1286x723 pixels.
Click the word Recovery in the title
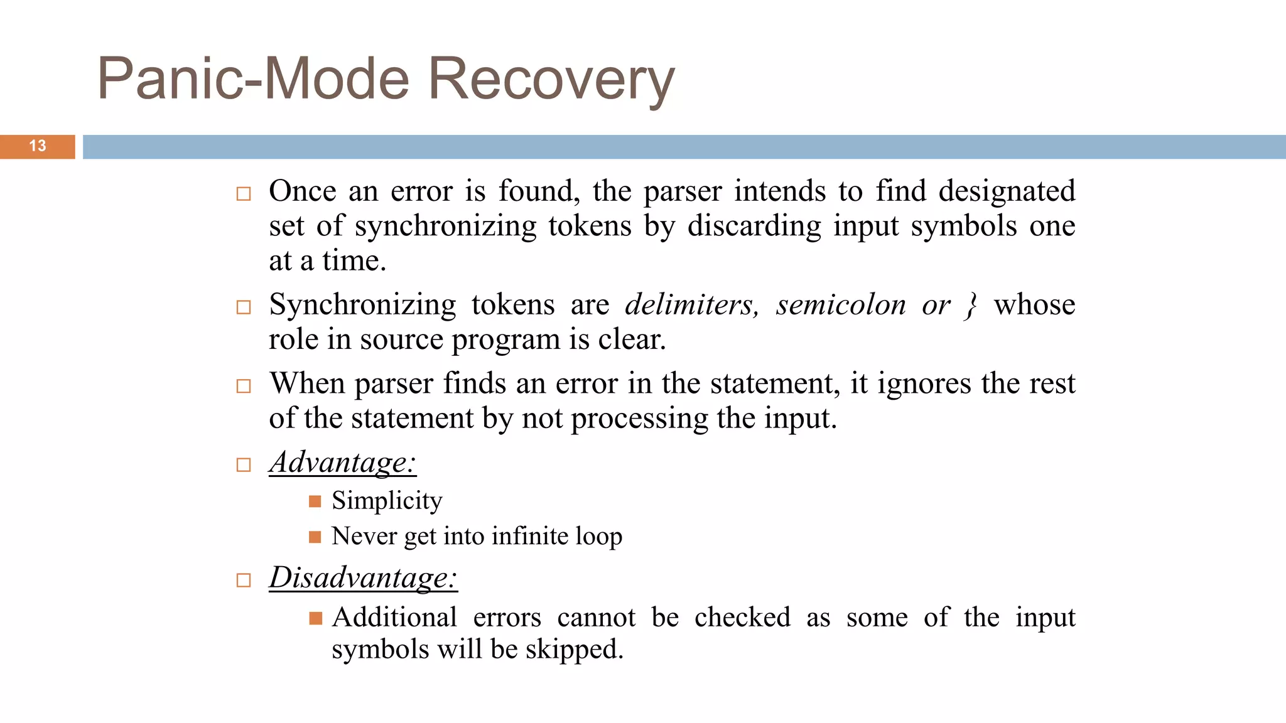(x=551, y=80)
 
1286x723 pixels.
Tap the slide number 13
(x=38, y=146)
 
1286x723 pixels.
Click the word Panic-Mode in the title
(x=254, y=80)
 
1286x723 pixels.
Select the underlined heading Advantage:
(x=342, y=463)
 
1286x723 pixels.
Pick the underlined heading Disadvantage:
(x=363, y=577)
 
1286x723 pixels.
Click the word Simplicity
(x=387, y=501)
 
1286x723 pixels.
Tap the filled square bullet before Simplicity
(x=315, y=501)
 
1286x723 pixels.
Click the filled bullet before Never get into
(x=315, y=537)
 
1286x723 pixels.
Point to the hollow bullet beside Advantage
(x=244, y=465)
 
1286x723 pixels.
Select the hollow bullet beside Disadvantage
(x=244, y=580)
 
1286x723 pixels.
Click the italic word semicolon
(x=841, y=305)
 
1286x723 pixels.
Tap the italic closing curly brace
(x=971, y=306)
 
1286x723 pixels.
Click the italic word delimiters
(x=691, y=305)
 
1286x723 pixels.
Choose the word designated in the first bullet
(x=1007, y=191)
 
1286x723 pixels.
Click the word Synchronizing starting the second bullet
(x=362, y=306)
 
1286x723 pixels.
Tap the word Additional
(x=394, y=618)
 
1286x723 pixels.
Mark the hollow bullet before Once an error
(x=244, y=193)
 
